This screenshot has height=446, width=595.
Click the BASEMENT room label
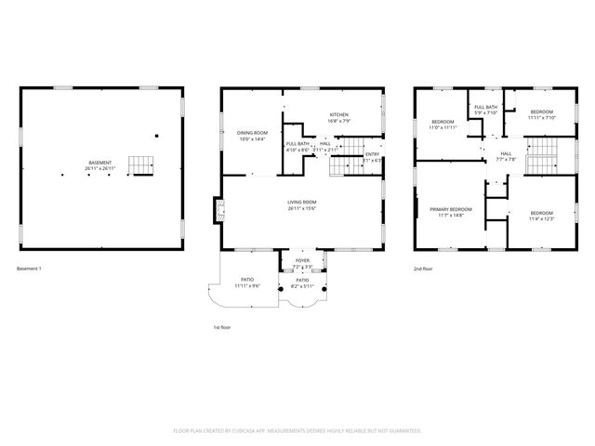pyautogui.click(x=99, y=163)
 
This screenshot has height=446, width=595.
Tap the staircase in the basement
pyautogui.click(x=139, y=165)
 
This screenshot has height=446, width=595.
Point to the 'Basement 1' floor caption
pyautogui.click(x=29, y=269)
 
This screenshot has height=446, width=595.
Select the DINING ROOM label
pyautogui.click(x=251, y=133)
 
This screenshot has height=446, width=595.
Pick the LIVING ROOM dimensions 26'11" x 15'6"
pyautogui.click(x=301, y=209)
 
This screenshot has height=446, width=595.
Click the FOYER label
pyautogui.click(x=302, y=261)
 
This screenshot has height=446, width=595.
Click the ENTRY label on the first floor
pyautogui.click(x=372, y=154)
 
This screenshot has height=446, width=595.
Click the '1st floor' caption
pyautogui.click(x=223, y=327)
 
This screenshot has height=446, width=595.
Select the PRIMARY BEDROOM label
pyautogui.click(x=451, y=209)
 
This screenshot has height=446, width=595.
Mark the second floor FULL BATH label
pyautogui.click(x=485, y=108)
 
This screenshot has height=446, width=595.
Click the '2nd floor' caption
pyautogui.click(x=424, y=269)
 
